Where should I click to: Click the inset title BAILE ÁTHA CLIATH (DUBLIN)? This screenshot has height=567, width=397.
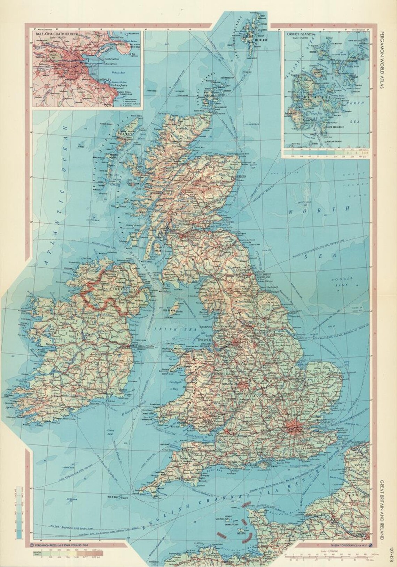tap(56, 34)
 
